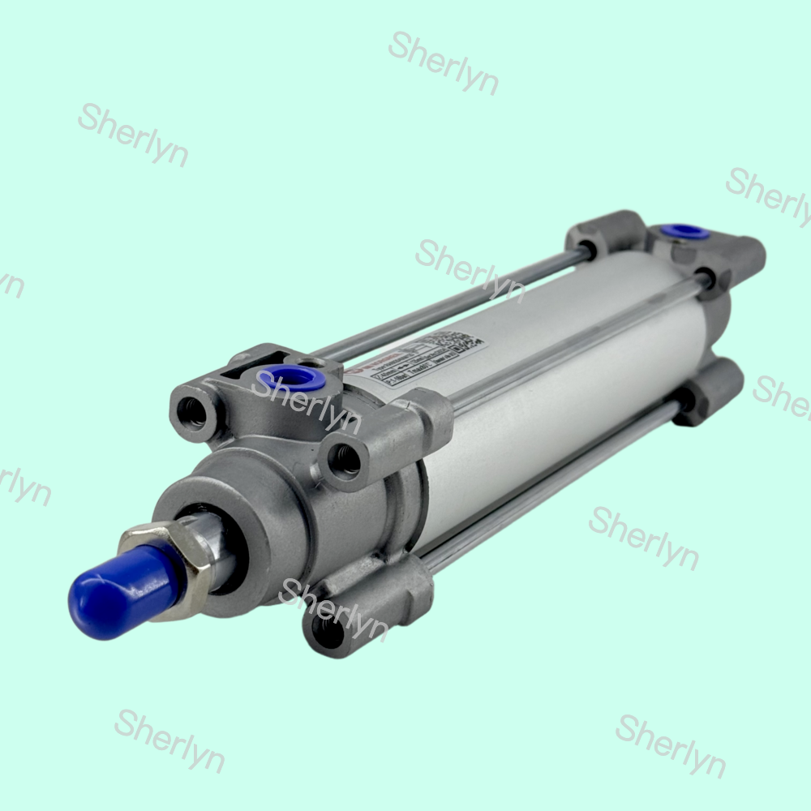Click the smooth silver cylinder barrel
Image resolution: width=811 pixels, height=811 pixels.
(x=568, y=389)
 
